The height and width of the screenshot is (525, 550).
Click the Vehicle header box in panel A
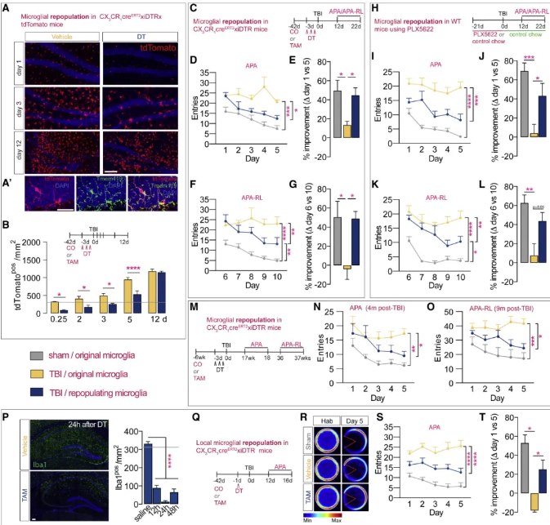click(x=60, y=38)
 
